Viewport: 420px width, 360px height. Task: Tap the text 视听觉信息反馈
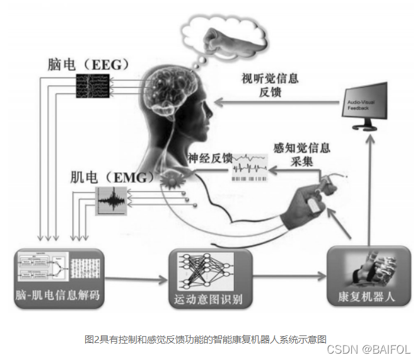[270, 85]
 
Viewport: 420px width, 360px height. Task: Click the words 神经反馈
[209, 158]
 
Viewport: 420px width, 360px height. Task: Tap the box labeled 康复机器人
[366, 277]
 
